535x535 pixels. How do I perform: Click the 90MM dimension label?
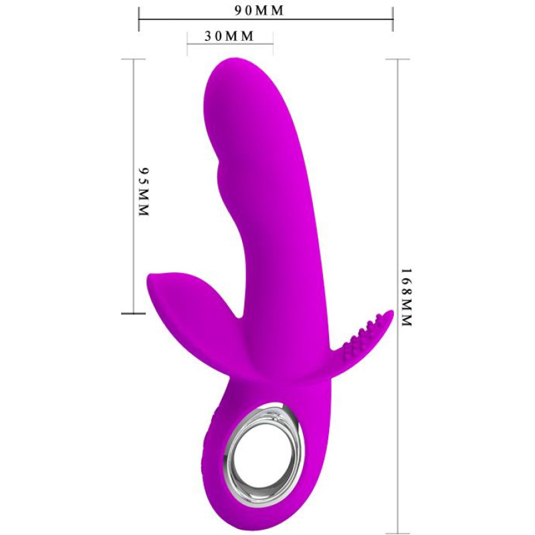tap(259, 11)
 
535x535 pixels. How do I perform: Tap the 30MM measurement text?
tap(229, 36)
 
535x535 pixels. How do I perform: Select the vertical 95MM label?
tap(144, 191)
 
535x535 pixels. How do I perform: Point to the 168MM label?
tap(407, 297)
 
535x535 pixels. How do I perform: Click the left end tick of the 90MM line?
tap(139, 19)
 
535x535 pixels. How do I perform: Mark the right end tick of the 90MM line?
tap(393, 19)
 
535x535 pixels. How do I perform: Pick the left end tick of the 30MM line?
tap(187, 44)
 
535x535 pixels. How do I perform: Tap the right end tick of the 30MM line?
tap(273, 44)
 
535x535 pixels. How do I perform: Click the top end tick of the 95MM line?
tap(133, 59)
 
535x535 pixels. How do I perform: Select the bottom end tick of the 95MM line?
tap(133, 313)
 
